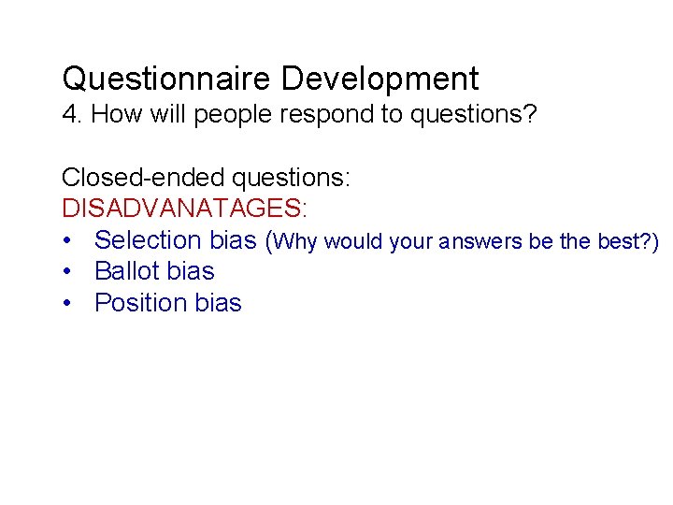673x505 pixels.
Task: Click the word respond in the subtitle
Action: coord(293,115)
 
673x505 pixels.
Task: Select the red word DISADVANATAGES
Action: coord(184,208)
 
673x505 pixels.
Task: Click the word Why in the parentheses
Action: coord(298,242)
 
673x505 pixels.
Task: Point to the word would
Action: coord(354,242)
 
